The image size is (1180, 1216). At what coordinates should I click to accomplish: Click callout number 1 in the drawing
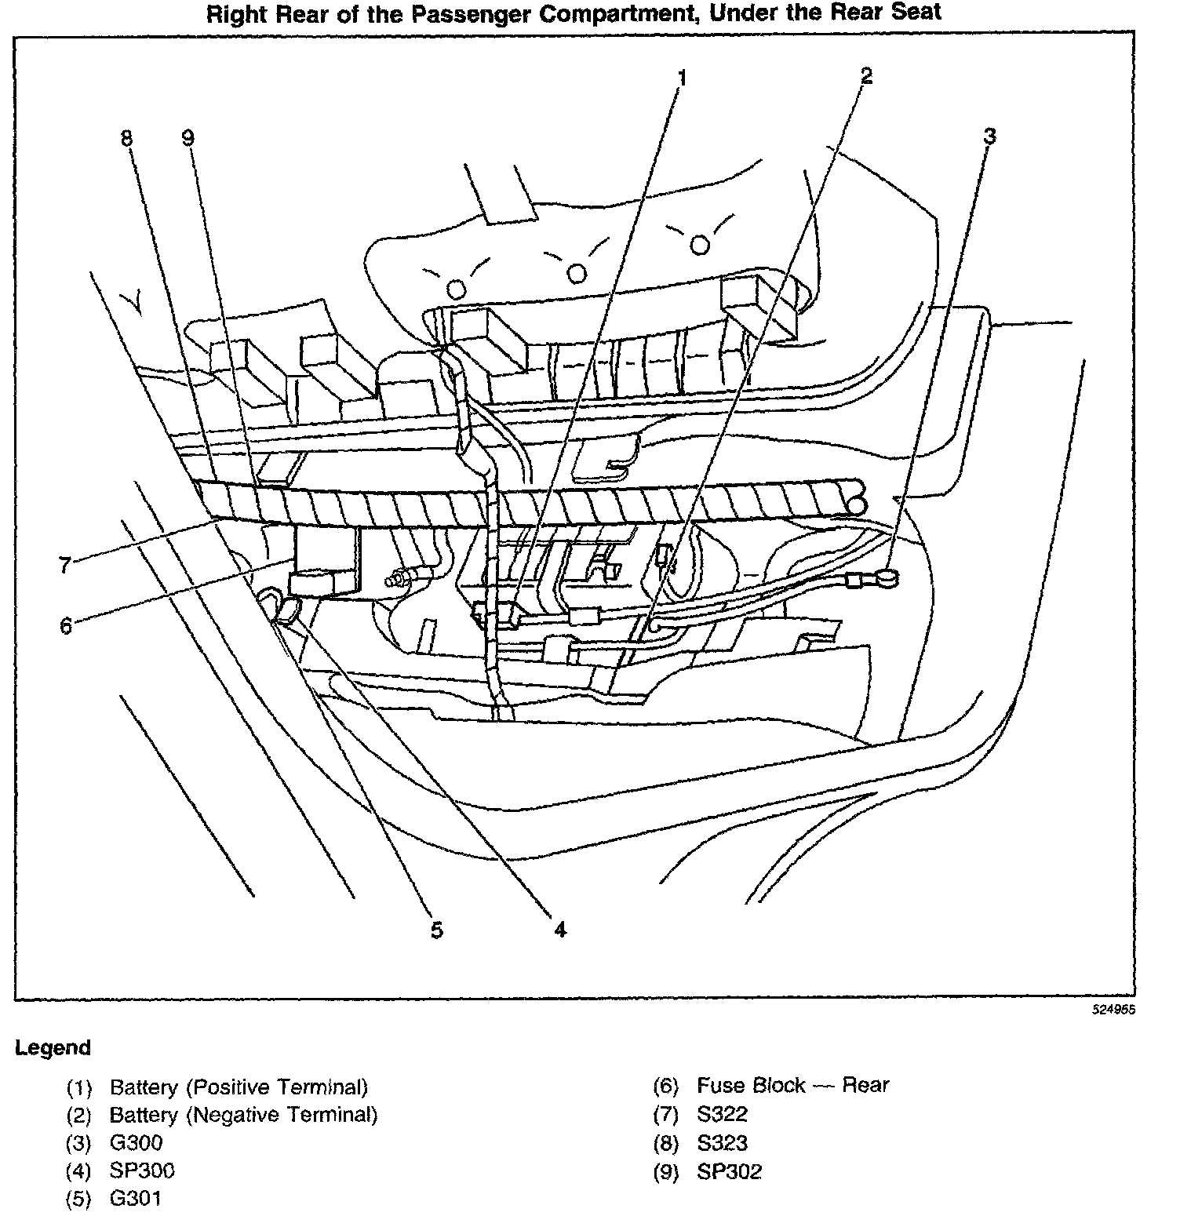point(682,78)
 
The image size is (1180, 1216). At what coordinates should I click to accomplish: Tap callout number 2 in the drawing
point(865,76)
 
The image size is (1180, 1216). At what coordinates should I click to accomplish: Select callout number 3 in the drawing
point(989,137)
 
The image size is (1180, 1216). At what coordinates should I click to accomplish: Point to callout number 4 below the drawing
point(559,930)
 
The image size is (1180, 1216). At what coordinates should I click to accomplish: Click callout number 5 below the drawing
point(437,930)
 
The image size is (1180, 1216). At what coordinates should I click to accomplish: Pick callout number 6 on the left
point(66,626)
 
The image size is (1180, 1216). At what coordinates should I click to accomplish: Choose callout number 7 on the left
point(66,565)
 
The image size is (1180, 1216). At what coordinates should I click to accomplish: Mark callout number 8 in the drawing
point(126,138)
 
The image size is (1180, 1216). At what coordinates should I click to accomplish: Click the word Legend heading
point(53,1048)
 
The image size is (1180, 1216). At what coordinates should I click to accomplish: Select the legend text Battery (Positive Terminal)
point(239,1087)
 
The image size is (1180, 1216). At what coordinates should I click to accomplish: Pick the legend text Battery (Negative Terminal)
point(243,1115)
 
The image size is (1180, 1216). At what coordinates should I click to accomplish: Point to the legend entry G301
point(136,1199)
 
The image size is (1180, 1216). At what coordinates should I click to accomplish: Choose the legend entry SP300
point(142,1170)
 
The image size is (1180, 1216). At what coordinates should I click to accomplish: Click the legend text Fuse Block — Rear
point(792,1086)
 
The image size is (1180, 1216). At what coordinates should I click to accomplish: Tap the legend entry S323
point(722,1143)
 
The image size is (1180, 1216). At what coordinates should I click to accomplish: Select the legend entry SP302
point(729,1171)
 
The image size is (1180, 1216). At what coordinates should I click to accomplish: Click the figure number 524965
point(1113,1010)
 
